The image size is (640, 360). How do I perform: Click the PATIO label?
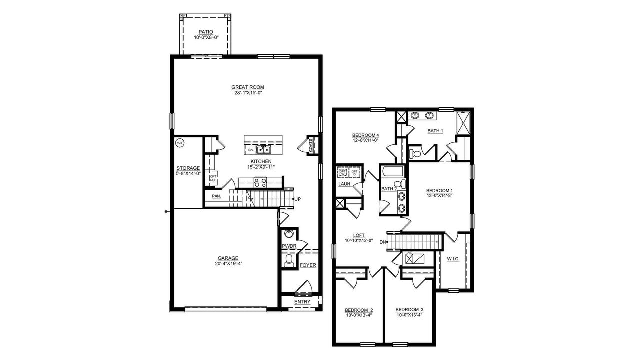click(x=205, y=32)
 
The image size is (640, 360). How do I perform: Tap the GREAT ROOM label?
click(x=247, y=87)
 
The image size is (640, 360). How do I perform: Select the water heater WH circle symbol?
click(x=179, y=143)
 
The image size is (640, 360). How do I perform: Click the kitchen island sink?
click(x=263, y=149)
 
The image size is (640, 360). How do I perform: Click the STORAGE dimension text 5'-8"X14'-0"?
click(x=188, y=174)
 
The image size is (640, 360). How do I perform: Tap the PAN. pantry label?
click(x=216, y=196)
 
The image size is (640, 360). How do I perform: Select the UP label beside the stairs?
click(x=297, y=199)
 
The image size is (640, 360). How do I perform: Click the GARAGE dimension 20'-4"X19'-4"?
click(x=227, y=264)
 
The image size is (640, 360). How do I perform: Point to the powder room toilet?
click(x=288, y=259)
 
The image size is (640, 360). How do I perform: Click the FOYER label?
click(x=308, y=265)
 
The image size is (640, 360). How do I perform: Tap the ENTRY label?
click(x=302, y=302)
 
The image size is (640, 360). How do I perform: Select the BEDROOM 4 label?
click(x=366, y=135)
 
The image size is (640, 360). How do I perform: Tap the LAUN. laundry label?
click(x=344, y=184)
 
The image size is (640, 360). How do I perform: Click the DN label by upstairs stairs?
click(x=383, y=242)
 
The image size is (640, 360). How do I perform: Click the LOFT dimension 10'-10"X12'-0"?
click(x=359, y=241)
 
